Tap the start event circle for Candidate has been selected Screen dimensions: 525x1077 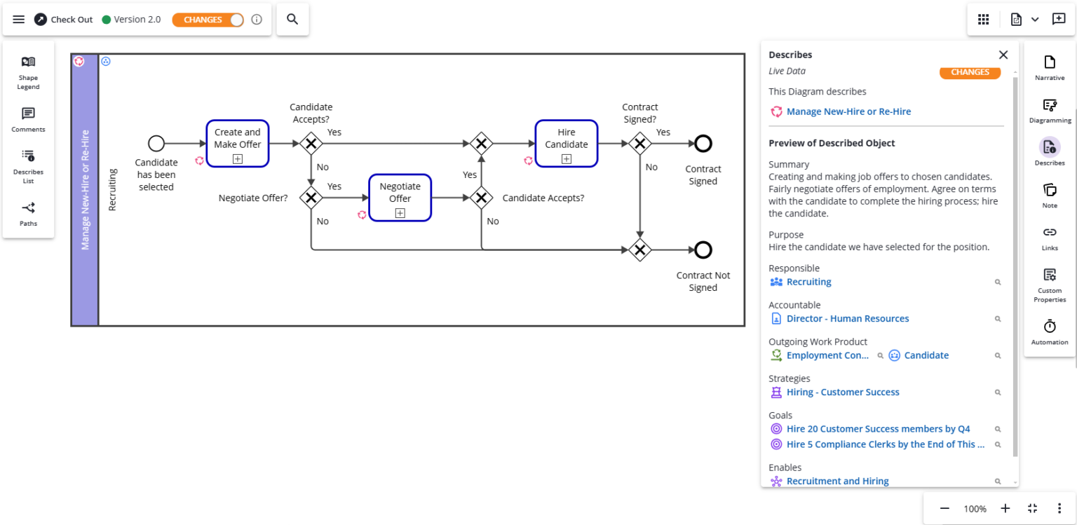coord(156,144)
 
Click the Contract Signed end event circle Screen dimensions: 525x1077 coord(703,144)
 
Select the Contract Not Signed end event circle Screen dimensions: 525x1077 coord(703,250)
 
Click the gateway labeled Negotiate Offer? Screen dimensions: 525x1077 coord(311,198)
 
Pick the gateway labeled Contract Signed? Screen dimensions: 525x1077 coord(639,144)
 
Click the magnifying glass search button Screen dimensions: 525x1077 coord(292,20)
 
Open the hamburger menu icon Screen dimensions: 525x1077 coord(19,20)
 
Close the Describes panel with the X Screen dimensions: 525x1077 coord(1003,55)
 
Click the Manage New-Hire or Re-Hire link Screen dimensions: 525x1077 coord(848,111)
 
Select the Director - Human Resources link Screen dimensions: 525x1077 coord(847,319)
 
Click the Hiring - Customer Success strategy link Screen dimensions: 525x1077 coord(842,393)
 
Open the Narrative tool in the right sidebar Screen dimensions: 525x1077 coord(1049,68)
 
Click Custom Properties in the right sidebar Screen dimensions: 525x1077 coord(1049,285)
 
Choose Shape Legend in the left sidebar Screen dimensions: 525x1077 coord(28,72)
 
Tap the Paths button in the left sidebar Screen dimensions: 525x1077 coord(28,214)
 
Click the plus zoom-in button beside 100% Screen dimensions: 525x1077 coord(1005,509)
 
